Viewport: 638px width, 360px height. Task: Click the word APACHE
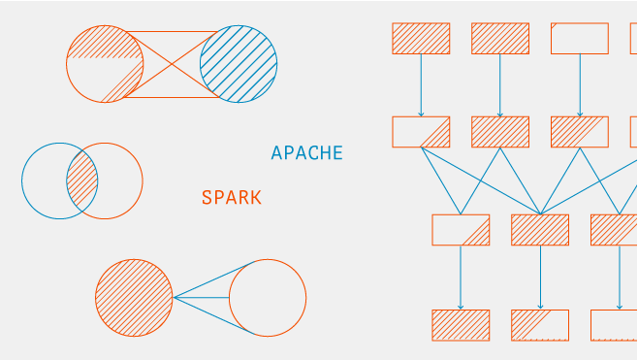pyautogui.click(x=306, y=153)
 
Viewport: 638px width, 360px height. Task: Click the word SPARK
pyautogui.click(x=231, y=198)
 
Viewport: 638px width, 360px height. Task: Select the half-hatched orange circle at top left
pyautogui.click(x=105, y=64)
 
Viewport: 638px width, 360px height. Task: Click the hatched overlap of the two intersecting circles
pyautogui.click(x=82, y=181)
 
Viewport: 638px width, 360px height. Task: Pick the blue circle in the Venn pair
pyautogui.click(x=43, y=181)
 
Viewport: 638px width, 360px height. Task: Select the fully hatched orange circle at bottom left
pyautogui.click(x=134, y=298)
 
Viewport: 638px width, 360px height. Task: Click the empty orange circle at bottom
pyautogui.click(x=267, y=298)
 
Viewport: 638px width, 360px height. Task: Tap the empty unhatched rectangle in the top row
pyautogui.click(x=580, y=38)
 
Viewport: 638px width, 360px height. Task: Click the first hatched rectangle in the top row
pyautogui.click(x=421, y=38)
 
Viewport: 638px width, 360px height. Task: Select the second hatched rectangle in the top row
pyautogui.click(x=500, y=38)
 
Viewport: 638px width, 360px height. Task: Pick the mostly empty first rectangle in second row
pyautogui.click(x=421, y=132)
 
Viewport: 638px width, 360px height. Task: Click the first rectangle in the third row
pyautogui.click(x=461, y=230)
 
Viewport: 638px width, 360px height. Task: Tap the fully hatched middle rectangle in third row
pyautogui.click(x=540, y=230)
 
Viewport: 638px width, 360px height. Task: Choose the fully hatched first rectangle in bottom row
pyautogui.click(x=461, y=325)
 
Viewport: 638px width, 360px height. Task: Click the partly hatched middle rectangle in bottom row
pyautogui.click(x=540, y=325)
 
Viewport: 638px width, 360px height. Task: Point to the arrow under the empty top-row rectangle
pyautogui.click(x=580, y=85)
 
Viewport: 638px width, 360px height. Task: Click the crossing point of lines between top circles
pyautogui.click(x=172, y=64)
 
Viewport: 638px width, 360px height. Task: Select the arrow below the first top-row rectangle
pyautogui.click(x=421, y=85)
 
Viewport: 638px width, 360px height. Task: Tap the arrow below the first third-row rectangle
pyautogui.click(x=461, y=278)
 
